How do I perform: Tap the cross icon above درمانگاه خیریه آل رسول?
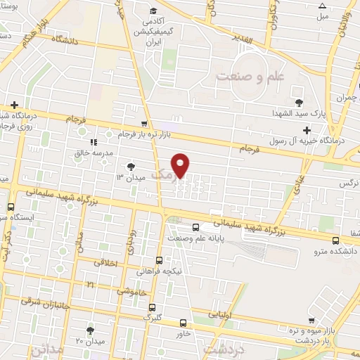pos(307,129)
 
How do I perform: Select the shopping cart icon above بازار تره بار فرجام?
pos(144,122)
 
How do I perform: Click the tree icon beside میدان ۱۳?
pos(129,166)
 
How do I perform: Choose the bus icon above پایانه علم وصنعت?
pos(196,226)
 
